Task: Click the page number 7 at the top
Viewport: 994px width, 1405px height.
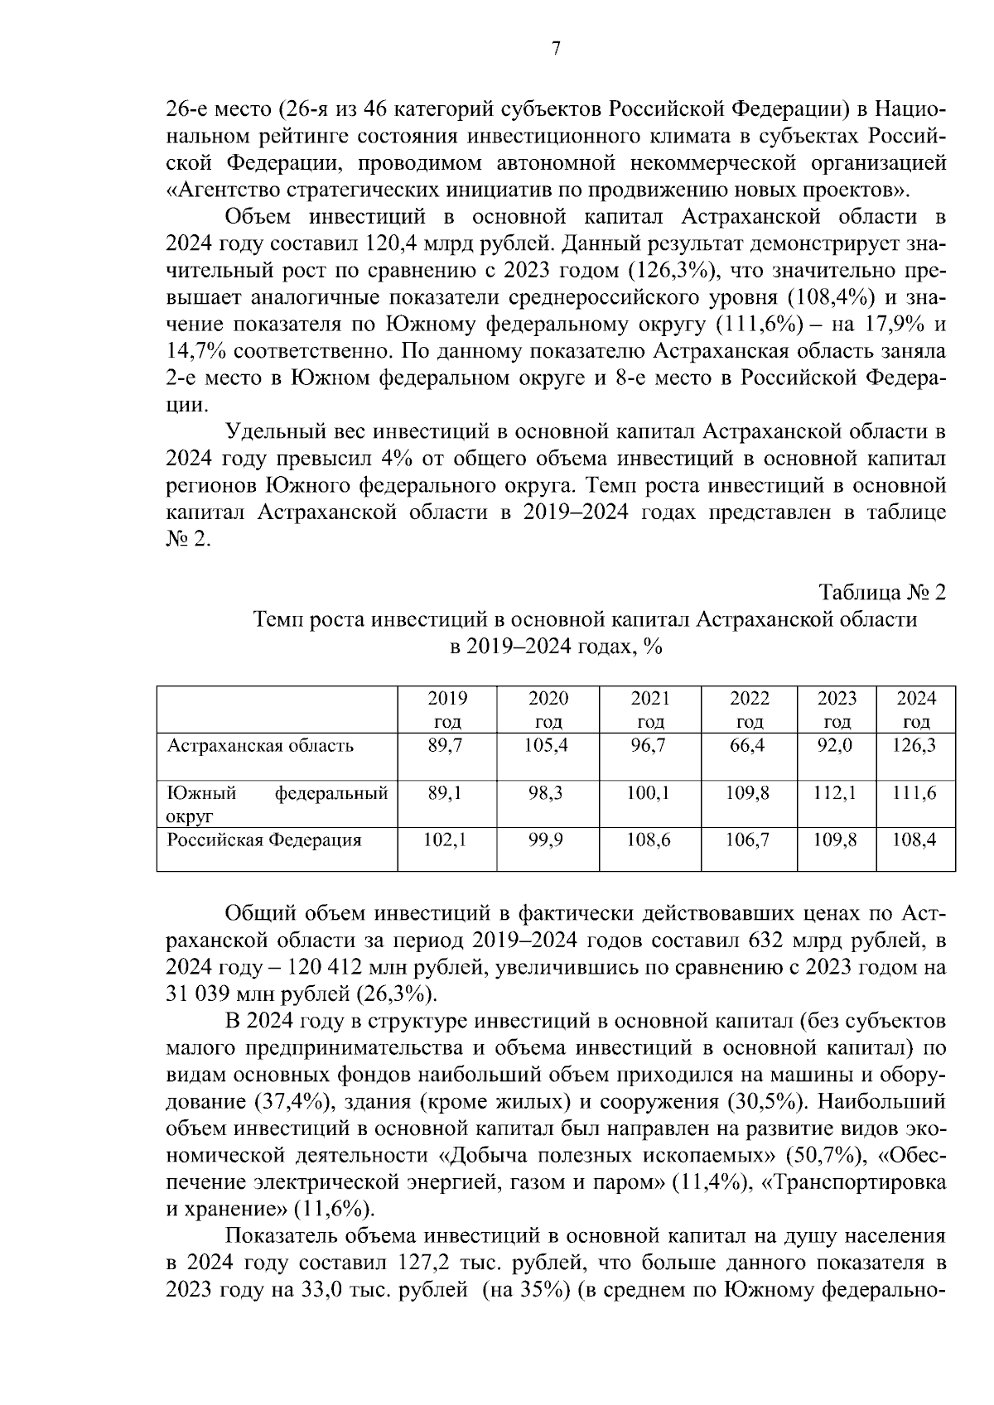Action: pyautogui.click(x=556, y=49)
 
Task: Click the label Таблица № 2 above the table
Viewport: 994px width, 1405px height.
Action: pyautogui.click(x=882, y=593)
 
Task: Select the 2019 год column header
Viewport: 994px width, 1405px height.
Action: pyautogui.click(x=447, y=710)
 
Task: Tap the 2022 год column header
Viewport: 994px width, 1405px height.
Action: pyautogui.click(x=749, y=710)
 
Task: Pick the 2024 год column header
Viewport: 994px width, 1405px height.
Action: pyautogui.click(x=916, y=710)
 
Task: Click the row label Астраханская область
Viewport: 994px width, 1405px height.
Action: pyautogui.click(x=260, y=745)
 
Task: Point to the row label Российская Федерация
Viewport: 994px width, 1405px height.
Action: pyautogui.click(x=264, y=840)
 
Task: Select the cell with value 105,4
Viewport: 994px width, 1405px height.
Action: pyautogui.click(x=548, y=745)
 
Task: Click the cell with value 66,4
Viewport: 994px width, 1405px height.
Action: pyautogui.click(x=749, y=745)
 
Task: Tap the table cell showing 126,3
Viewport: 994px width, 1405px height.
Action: pyautogui.click(x=916, y=745)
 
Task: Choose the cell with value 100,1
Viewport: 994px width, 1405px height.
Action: pyautogui.click(x=649, y=793)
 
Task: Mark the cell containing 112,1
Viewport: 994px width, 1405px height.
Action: pyautogui.click(x=837, y=793)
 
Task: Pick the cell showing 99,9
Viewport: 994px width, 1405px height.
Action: pyautogui.click(x=548, y=840)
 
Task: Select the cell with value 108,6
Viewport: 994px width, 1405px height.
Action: pyautogui.click(x=649, y=840)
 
